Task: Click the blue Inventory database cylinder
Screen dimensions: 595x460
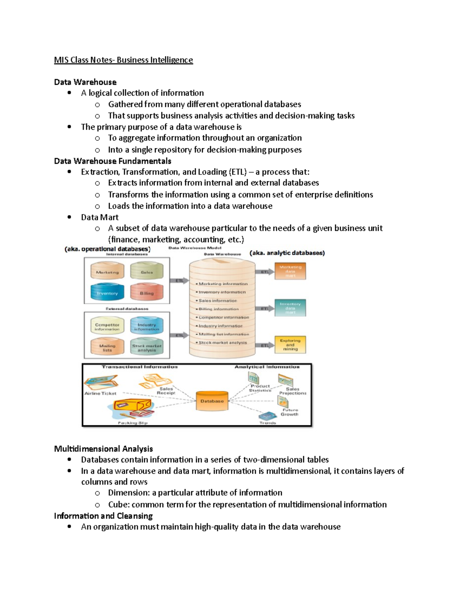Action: [x=107, y=292]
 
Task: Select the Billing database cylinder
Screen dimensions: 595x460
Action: [x=146, y=292]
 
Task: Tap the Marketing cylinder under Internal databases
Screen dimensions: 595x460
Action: [x=107, y=271]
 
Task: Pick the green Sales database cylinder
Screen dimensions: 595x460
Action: [x=146, y=271]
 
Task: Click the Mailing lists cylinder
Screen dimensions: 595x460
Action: [x=107, y=347]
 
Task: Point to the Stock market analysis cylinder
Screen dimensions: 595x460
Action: [x=146, y=347]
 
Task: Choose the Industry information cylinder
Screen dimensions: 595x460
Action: [x=146, y=326]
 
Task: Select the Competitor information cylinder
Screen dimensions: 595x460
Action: [x=107, y=326]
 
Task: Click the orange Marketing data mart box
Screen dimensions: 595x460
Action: [x=290, y=271]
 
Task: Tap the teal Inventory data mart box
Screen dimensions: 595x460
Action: [x=290, y=308]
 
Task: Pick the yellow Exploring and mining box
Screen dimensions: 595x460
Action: [x=290, y=344]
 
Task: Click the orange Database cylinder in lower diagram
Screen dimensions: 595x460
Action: [x=212, y=401]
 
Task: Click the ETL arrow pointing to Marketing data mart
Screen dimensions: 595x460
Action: [x=265, y=272]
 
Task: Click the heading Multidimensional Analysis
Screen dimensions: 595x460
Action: [x=103, y=449]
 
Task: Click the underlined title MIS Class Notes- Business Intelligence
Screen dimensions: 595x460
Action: [x=123, y=60]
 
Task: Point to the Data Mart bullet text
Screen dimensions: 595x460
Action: [x=100, y=217]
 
